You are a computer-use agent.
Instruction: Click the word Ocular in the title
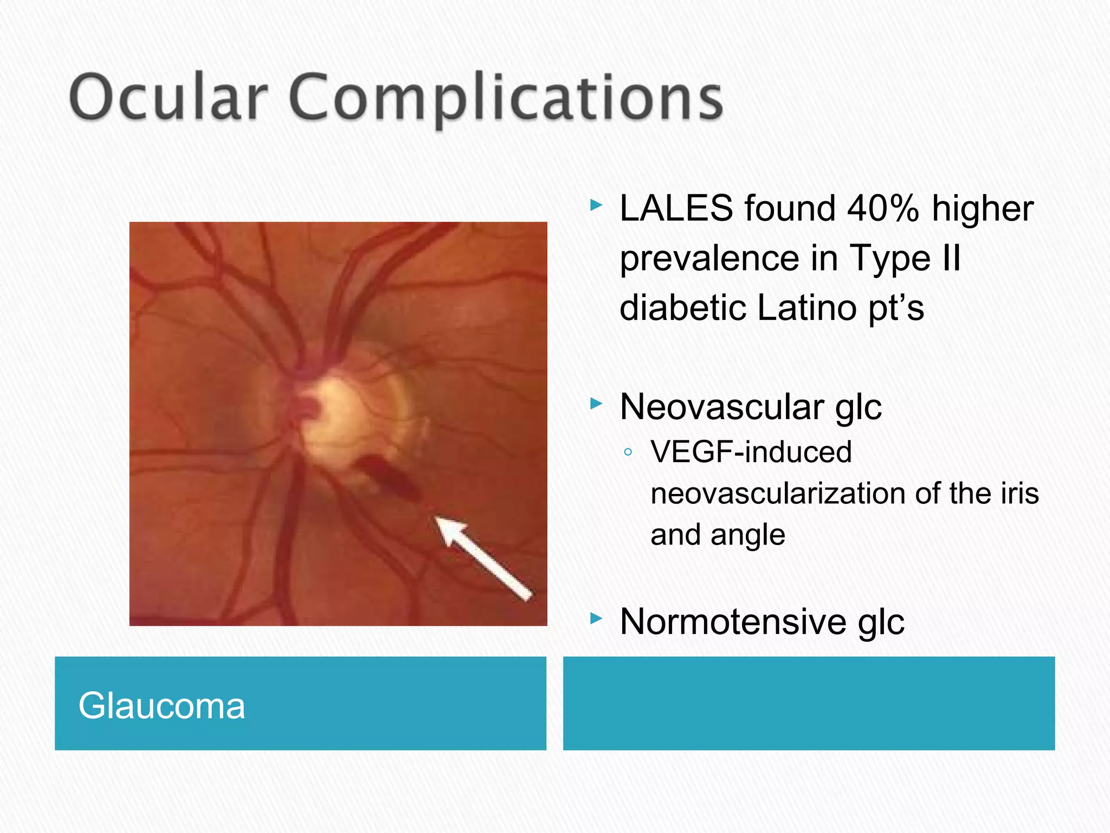coord(169,98)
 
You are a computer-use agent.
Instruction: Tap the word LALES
coord(676,208)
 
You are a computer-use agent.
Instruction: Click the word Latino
coord(806,308)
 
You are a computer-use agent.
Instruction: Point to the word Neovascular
coord(721,407)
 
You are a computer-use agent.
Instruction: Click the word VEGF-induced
coord(751,452)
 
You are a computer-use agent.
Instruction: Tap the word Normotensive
coord(732,621)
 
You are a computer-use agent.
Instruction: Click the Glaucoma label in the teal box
coord(162,706)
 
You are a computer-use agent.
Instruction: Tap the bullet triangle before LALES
coord(596,205)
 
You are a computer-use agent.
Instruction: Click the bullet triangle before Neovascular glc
coord(596,403)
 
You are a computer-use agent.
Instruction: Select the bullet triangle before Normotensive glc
coord(596,618)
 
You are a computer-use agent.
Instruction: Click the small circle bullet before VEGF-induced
coord(628,452)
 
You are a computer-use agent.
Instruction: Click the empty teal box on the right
coord(809,703)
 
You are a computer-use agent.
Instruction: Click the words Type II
coord(905,258)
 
